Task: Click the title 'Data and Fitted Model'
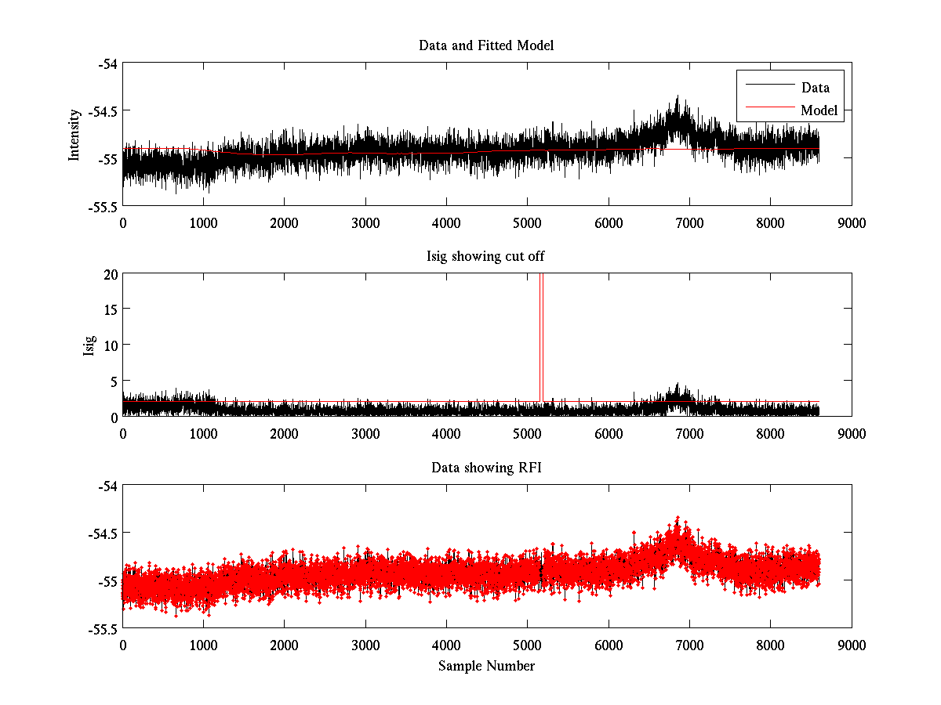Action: pos(486,45)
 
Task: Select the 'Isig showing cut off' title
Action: pos(486,257)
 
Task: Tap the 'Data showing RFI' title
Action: pos(486,468)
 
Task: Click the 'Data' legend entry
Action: pos(815,88)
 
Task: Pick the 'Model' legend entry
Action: pos(819,110)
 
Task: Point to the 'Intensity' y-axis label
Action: pos(74,135)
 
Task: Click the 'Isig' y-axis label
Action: pos(89,345)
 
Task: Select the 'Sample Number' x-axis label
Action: pos(486,666)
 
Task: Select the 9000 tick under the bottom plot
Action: pos(852,645)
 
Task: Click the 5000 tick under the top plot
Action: pos(527,222)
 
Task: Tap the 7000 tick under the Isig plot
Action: pos(689,433)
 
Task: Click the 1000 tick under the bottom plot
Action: pos(203,645)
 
